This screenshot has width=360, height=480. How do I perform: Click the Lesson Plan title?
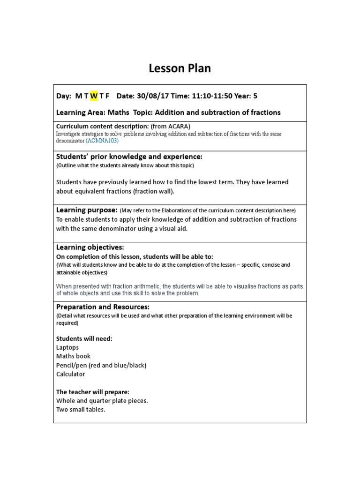(180, 68)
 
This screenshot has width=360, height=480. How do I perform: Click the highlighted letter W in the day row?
(94, 96)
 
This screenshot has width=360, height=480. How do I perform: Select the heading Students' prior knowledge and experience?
(129, 156)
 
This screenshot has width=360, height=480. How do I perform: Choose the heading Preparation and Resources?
(103, 307)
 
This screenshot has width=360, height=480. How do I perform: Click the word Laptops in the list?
(67, 347)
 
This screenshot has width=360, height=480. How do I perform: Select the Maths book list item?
(73, 356)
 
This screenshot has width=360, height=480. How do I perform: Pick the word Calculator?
(71, 374)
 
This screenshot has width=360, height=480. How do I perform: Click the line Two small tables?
(81, 409)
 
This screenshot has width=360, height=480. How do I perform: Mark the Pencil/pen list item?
(101, 365)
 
